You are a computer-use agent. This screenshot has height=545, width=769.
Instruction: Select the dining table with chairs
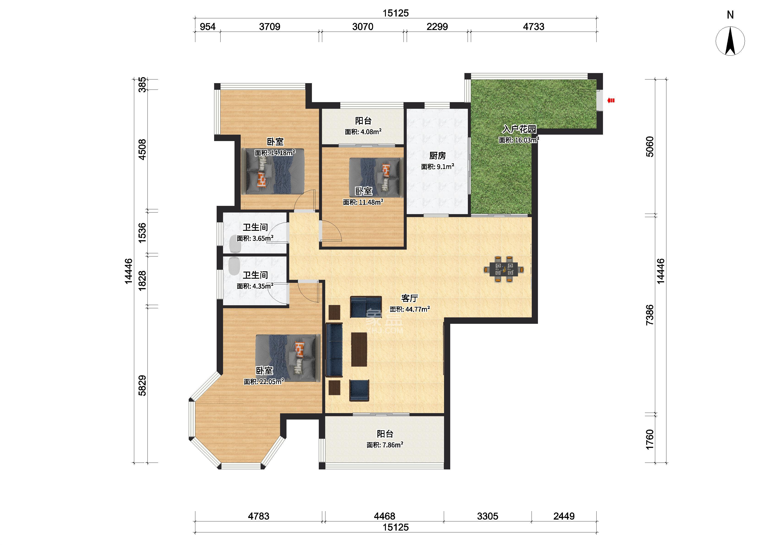[504, 270]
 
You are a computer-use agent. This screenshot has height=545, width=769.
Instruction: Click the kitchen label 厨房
[437, 156]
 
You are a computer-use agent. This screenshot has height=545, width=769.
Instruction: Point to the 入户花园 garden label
[519, 129]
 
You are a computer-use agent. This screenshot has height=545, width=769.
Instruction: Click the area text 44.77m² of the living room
[417, 309]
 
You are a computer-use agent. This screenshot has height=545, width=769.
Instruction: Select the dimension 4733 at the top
[534, 27]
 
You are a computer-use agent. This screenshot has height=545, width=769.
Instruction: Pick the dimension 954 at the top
[208, 27]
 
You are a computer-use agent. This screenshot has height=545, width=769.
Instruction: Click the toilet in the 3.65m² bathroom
[235, 244]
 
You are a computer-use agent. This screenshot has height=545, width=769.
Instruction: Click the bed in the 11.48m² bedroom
[376, 177]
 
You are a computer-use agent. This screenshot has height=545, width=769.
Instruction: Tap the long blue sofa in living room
[334, 350]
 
